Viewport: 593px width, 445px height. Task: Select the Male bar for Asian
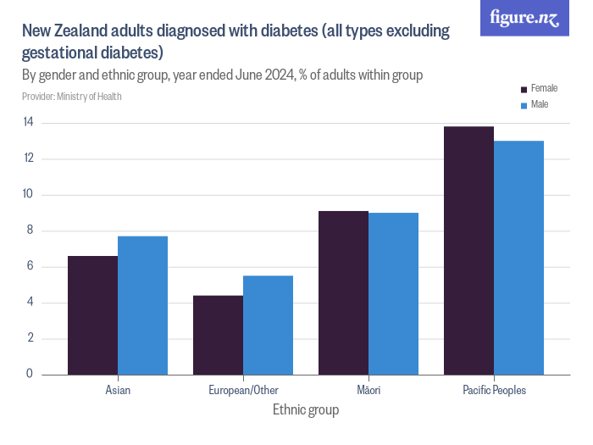[142, 305]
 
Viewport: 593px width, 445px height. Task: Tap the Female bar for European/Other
[218, 335]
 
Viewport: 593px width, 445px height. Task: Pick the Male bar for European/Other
[268, 325]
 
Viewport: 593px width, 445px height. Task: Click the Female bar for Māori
[343, 292]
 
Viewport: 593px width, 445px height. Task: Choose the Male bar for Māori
[393, 293]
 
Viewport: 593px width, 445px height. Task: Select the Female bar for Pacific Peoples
[468, 251]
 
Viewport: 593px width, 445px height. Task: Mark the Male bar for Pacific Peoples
[518, 258]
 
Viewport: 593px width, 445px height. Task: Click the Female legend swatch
[524, 89]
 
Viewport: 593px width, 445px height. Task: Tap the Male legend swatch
[524, 105]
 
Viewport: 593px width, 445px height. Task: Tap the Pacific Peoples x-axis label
[494, 391]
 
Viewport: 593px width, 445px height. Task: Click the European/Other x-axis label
[243, 391]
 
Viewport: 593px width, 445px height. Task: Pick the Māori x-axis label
[369, 391]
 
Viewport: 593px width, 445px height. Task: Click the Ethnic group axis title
[306, 410]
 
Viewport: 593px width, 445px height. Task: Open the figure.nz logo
[524, 19]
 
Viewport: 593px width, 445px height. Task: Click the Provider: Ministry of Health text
[72, 97]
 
